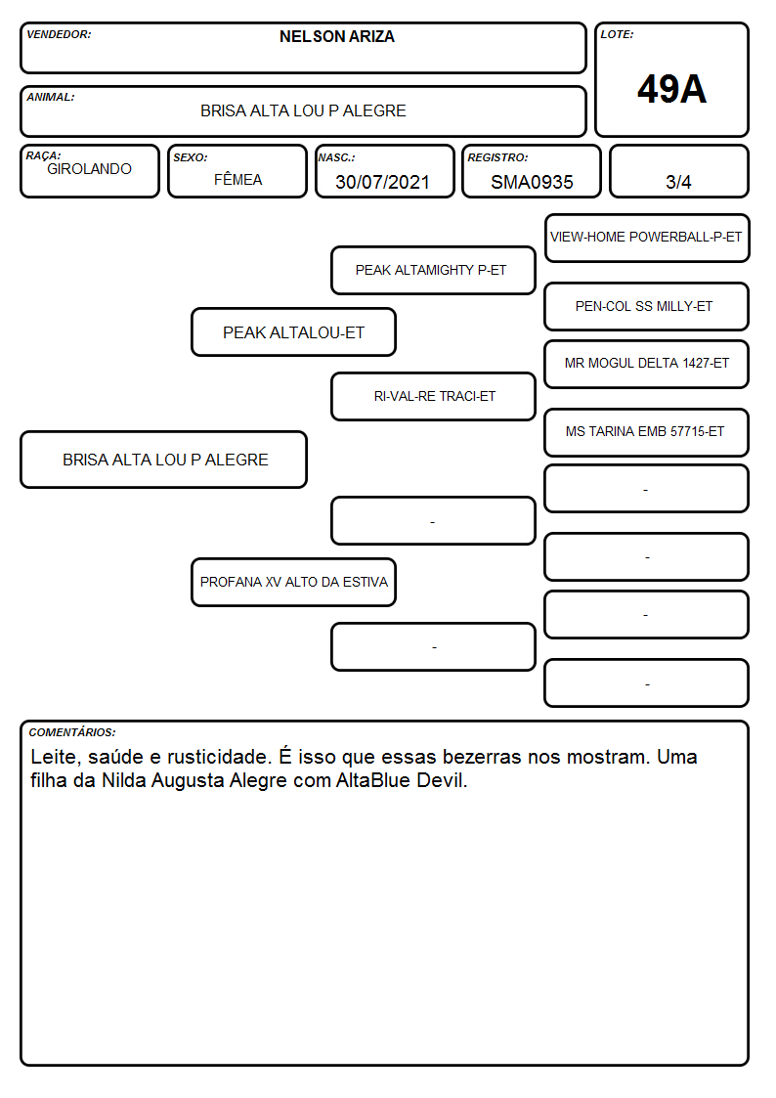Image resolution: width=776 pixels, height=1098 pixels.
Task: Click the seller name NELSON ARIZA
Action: pyautogui.click(x=336, y=36)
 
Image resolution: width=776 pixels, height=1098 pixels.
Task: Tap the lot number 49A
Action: pyautogui.click(x=671, y=89)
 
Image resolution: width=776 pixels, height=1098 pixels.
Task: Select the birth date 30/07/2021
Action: pyautogui.click(x=382, y=182)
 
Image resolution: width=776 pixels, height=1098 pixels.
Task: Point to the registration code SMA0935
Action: pyautogui.click(x=532, y=182)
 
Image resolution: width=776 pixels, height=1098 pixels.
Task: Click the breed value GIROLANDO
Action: pyautogui.click(x=89, y=169)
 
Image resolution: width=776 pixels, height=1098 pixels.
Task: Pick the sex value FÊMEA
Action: pyautogui.click(x=237, y=179)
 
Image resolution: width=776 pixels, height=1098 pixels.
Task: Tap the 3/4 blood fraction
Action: pyautogui.click(x=678, y=182)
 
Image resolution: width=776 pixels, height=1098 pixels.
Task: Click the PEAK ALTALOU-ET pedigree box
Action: pyautogui.click(x=294, y=331)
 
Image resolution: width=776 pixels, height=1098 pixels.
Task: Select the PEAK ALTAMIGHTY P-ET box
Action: pyautogui.click(x=433, y=270)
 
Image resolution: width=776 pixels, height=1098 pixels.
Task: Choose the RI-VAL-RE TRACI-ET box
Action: pyautogui.click(x=433, y=396)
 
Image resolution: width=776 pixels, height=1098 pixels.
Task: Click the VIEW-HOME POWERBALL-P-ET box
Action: pyautogui.click(x=647, y=239)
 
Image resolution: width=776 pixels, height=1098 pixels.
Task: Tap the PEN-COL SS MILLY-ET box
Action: pyautogui.click(x=647, y=307)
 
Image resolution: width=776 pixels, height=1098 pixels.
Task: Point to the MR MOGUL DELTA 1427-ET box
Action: pyautogui.click(x=647, y=364)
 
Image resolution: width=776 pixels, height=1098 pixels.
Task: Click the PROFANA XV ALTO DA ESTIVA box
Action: pyautogui.click(x=294, y=582)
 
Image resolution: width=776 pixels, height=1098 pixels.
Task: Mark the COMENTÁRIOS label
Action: pyautogui.click(x=72, y=732)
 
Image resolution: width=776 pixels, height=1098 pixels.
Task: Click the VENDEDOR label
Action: pyautogui.click(x=59, y=34)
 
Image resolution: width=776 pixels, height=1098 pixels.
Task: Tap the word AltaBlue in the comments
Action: pyautogui.click(x=373, y=780)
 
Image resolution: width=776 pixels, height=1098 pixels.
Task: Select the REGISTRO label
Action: pyautogui.click(x=497, y=157)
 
